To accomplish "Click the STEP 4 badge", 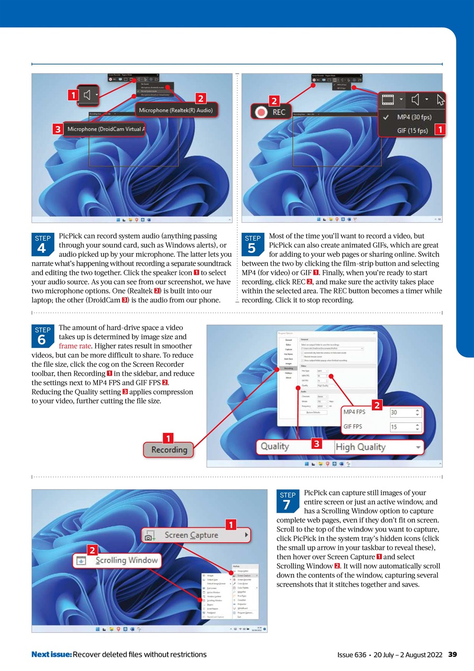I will [42, 244].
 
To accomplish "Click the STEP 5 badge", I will [252, 244].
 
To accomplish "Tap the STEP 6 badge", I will [42, 336].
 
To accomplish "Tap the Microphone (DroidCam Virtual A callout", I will [105, 129].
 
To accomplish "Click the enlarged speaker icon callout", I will [87, 95].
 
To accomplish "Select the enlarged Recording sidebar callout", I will [169, 450].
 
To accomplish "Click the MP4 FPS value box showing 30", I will [405, 413].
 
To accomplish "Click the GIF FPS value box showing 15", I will [405, 427].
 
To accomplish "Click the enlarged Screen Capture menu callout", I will [196, 535].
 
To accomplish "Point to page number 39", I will [453, 654].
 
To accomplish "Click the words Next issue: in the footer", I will [51, 654].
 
